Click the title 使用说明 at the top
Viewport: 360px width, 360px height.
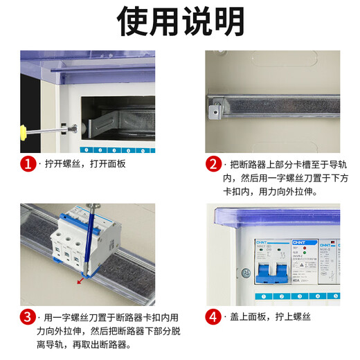click(x=180, y=22)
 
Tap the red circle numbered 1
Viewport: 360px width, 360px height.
click(x=28, y=164)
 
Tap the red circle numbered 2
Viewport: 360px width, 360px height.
click(x=213, y=164)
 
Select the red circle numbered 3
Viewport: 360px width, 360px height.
click(x=28, y=318)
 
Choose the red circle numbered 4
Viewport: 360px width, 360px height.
click(x=213, y=318)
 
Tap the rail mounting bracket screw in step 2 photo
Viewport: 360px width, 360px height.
click(x=217, y=107)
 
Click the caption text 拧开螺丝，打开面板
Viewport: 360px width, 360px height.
click(x=85, y=165)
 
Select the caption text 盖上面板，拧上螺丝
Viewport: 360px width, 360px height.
click(x=271, y=318)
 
